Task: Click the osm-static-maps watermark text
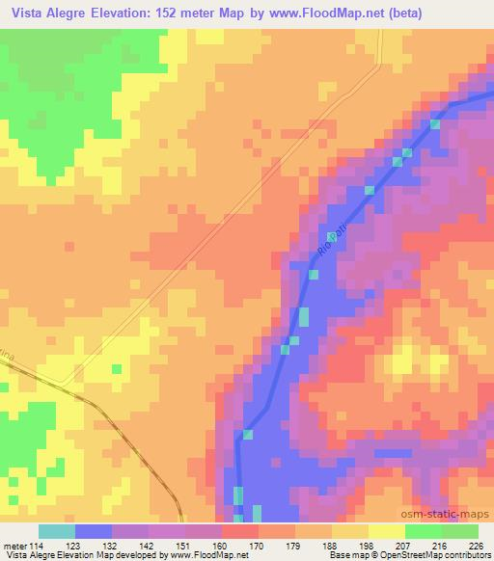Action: [454, 514]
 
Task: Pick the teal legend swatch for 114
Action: [57, 531]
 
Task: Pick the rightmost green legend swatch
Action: [460, 531]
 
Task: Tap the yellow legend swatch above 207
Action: [387, 531]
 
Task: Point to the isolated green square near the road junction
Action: [117, 369]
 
